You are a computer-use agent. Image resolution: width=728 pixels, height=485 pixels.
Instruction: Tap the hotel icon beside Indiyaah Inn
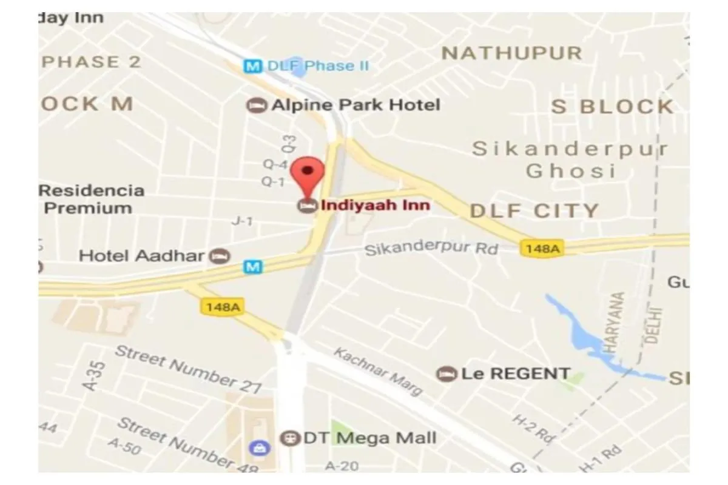(x=308, y=205)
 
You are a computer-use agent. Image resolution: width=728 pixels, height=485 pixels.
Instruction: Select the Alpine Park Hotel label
(x=356, y=105)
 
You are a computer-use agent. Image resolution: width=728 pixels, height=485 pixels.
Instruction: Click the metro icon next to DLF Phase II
(x=252, y=65)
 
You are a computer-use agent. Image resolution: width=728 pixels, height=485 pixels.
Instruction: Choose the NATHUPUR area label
(x=511, y=53)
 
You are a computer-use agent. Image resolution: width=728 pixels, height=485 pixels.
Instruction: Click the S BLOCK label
(x=612, y=107)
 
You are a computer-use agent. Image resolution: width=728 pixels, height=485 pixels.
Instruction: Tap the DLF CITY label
(x=534, y=211)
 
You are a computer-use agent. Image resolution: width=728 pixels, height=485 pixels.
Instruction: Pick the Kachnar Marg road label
(x=378, y=372)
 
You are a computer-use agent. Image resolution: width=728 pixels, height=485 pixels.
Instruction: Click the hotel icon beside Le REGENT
(x=447, y=373)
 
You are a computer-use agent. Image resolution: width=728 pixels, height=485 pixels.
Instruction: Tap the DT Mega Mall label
(x=369, y=438)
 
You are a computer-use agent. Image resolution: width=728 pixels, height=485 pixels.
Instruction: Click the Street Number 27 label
(x=188, y=368)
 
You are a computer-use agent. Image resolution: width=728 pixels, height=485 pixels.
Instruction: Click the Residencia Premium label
(x=91, y=199)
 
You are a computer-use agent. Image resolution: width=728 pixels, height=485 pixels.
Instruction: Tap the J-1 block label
(x=241, y=222)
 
